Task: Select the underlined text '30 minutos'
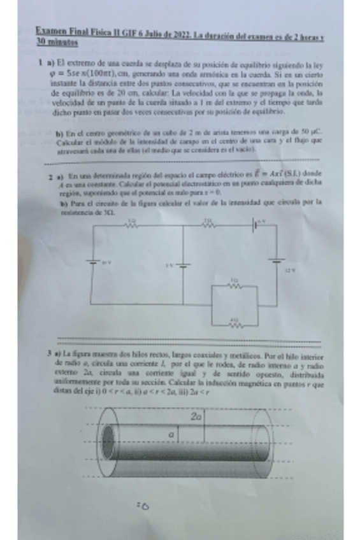pyautogui.click(x=57, y=42)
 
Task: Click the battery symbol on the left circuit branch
pyautogui.click(x=92, y=262)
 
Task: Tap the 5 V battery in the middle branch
pyautogui.click(x=183, y=264)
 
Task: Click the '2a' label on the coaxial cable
pyautogui.click(x=195, y=415)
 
